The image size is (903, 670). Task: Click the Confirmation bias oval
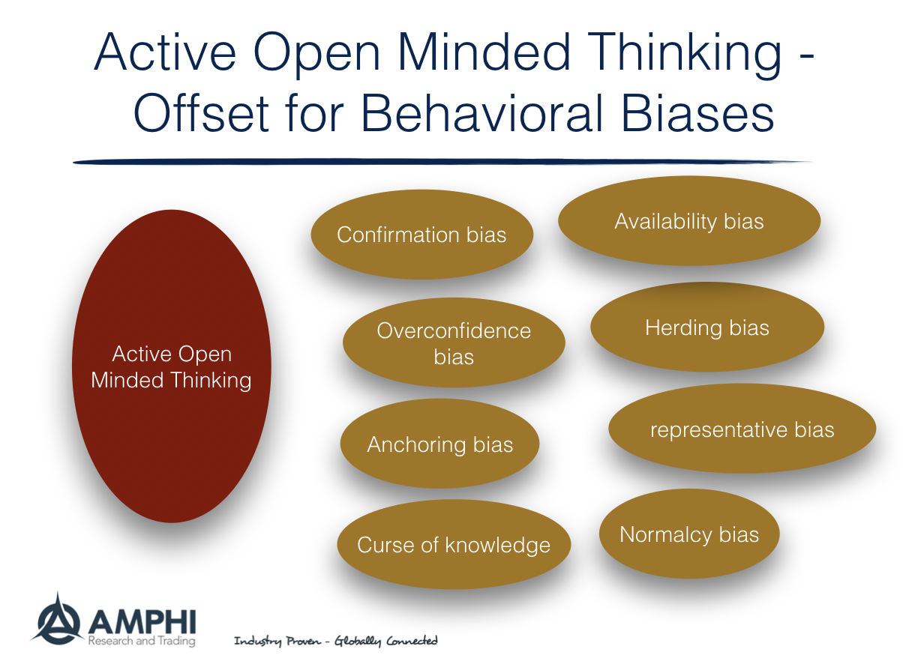pyautogui.click(x=421, y=235)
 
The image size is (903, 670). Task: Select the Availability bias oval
pyautogui.click(x=688, y=221)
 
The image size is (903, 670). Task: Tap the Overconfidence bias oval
pyautogui.click(x=453, y=343)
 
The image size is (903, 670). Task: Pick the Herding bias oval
pyautogui.click(x=706, y=328)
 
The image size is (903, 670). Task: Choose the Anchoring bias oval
pyautogui.click(x=439, y=444)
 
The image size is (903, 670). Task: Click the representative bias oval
pyautogui.click(x=741, y=429)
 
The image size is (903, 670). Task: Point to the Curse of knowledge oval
pyautogui.click(x=453, y=545)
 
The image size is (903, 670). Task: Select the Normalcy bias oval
pyautogui.click(x=688, y=534)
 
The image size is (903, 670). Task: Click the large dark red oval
pyautogui.click(x=171, y=366)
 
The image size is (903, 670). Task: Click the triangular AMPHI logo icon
pyautogui.click(x=58, y=618)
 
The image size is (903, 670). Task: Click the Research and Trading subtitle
pyautogui.click(x=141, y=641)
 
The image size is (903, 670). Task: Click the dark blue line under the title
pyautogui.click(x=442, y=161)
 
